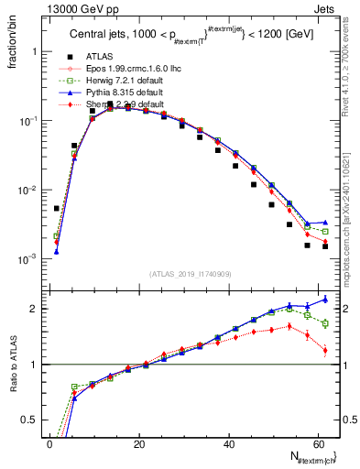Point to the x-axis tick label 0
click(49, 444)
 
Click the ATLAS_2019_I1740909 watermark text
click(191, 274)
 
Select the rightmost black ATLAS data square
click(325, 246)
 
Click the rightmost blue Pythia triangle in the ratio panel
click(325, 299)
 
